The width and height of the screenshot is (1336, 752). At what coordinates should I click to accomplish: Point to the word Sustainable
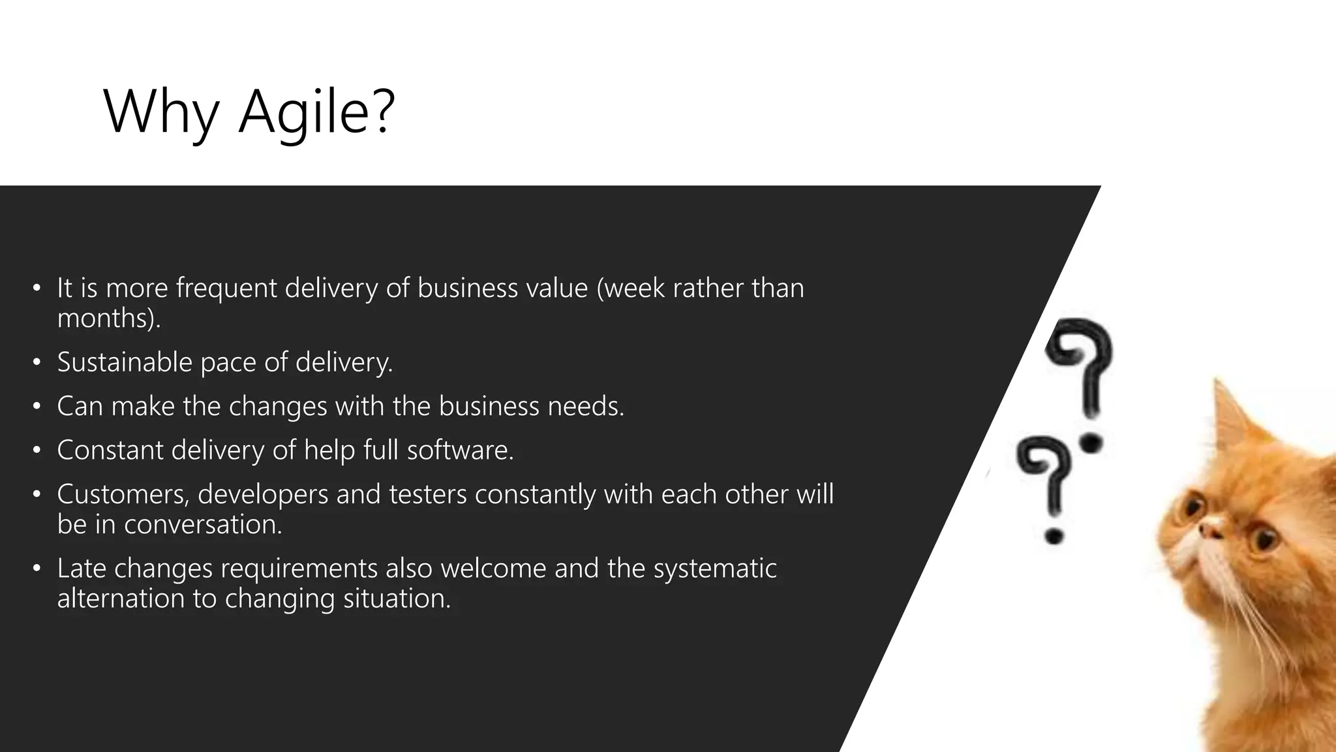click(125, 362)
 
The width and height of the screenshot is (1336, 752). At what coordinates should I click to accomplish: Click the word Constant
click(110, 450)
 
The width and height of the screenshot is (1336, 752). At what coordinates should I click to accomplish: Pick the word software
click(459, 450)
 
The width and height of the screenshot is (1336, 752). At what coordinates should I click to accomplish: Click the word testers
click(428, 495)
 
